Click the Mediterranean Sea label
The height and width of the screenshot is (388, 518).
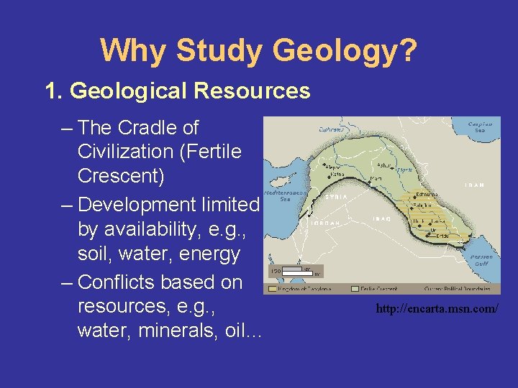(x=276, y=196)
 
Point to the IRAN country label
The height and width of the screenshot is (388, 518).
(x=474, y=185)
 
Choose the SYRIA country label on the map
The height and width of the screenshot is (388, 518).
(x=337, y=197)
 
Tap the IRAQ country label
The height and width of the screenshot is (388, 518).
(x=381, y=219)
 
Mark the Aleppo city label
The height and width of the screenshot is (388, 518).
(x=333, y=165)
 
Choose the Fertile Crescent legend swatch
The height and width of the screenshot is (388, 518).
(x=355, y=289)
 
